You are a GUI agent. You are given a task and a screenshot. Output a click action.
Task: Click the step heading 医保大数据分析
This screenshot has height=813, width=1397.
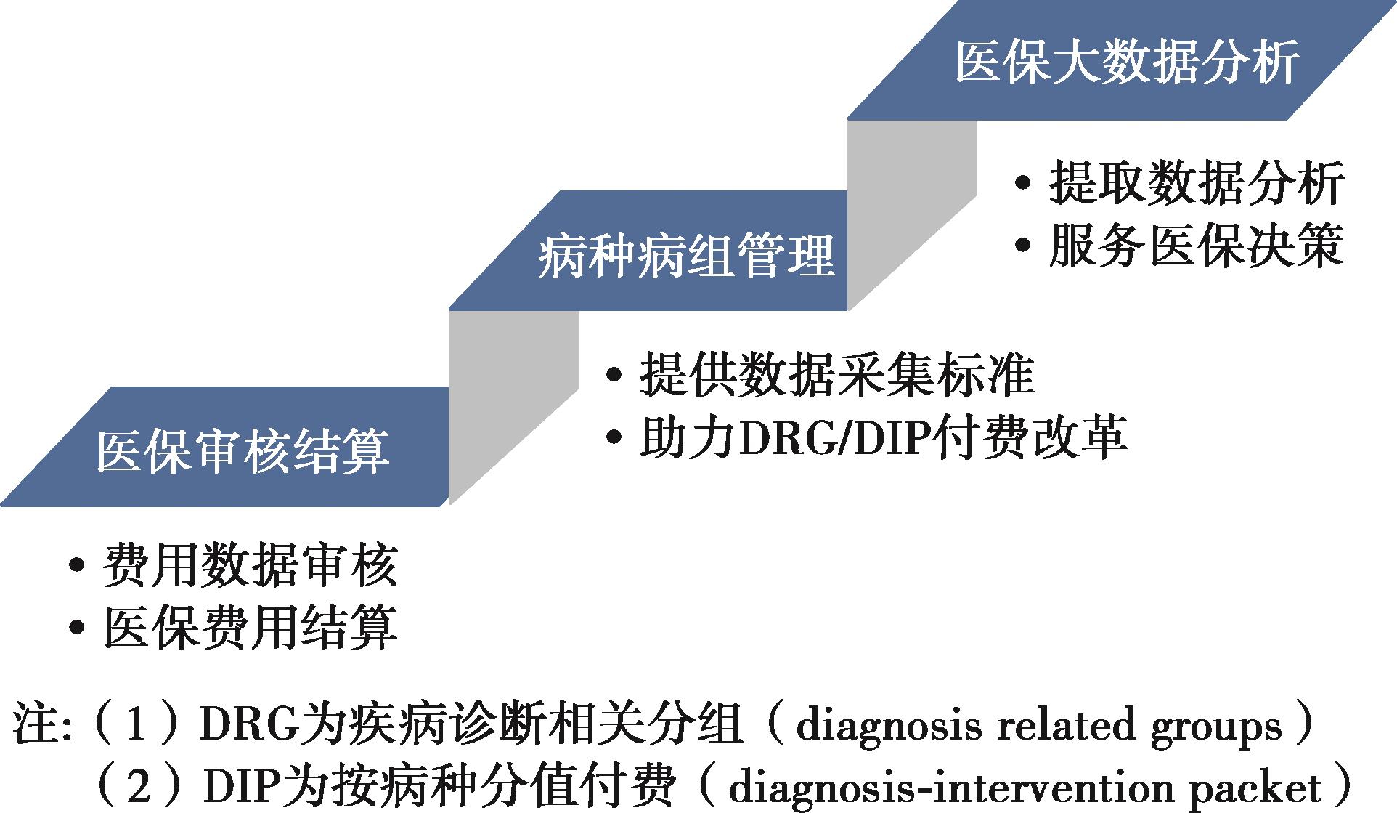tap(1127, 62)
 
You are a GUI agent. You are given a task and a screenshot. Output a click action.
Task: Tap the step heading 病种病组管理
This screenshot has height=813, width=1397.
tap(686, 256)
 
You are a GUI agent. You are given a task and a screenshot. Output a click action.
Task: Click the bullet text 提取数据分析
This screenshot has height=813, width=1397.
tap(1196, 182)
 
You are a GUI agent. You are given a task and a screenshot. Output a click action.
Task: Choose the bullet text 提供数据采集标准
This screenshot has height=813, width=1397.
tap(836, 375)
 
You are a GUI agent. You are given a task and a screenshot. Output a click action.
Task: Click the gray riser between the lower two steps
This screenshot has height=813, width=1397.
tap(513, 407)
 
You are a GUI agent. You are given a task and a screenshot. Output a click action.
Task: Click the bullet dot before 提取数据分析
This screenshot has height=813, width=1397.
tap(1022, 183)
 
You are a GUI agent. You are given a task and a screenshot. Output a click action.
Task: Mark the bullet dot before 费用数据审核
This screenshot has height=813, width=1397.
tap(76, 566)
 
